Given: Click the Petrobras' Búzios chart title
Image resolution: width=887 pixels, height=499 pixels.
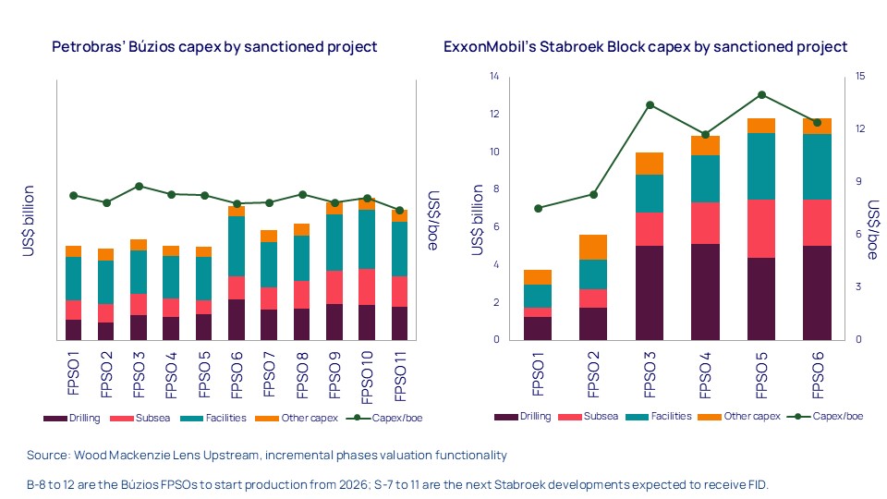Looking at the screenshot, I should (214, 46).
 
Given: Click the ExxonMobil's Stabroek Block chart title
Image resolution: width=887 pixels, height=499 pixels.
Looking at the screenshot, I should (645, 46).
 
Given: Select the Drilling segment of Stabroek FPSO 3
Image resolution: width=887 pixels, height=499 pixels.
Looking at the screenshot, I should (649, 292).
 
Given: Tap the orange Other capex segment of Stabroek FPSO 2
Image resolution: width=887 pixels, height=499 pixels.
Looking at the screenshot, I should (592, 247).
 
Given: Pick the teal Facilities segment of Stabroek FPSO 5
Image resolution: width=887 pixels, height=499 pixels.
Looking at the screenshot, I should (761, 166).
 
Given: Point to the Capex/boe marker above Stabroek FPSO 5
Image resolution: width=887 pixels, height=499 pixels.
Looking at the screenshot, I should (761, 94).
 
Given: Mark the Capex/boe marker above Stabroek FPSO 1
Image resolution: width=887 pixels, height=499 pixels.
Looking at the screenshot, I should (538, 208).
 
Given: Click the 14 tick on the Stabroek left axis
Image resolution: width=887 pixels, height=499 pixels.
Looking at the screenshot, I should (493, 77).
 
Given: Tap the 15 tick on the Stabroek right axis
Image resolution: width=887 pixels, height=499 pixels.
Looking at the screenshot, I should (859, 77).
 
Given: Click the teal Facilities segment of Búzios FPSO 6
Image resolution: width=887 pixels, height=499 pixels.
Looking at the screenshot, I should (236, 246).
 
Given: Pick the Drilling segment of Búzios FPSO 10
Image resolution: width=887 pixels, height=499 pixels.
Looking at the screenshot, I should (367, 322).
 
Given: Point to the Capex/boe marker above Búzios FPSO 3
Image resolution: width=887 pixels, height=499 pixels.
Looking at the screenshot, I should (138, 186).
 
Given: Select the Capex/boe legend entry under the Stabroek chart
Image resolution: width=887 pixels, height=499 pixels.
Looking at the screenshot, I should (829, 417).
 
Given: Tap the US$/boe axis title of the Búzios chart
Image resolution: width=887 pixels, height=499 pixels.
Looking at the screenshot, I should (433, 222).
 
